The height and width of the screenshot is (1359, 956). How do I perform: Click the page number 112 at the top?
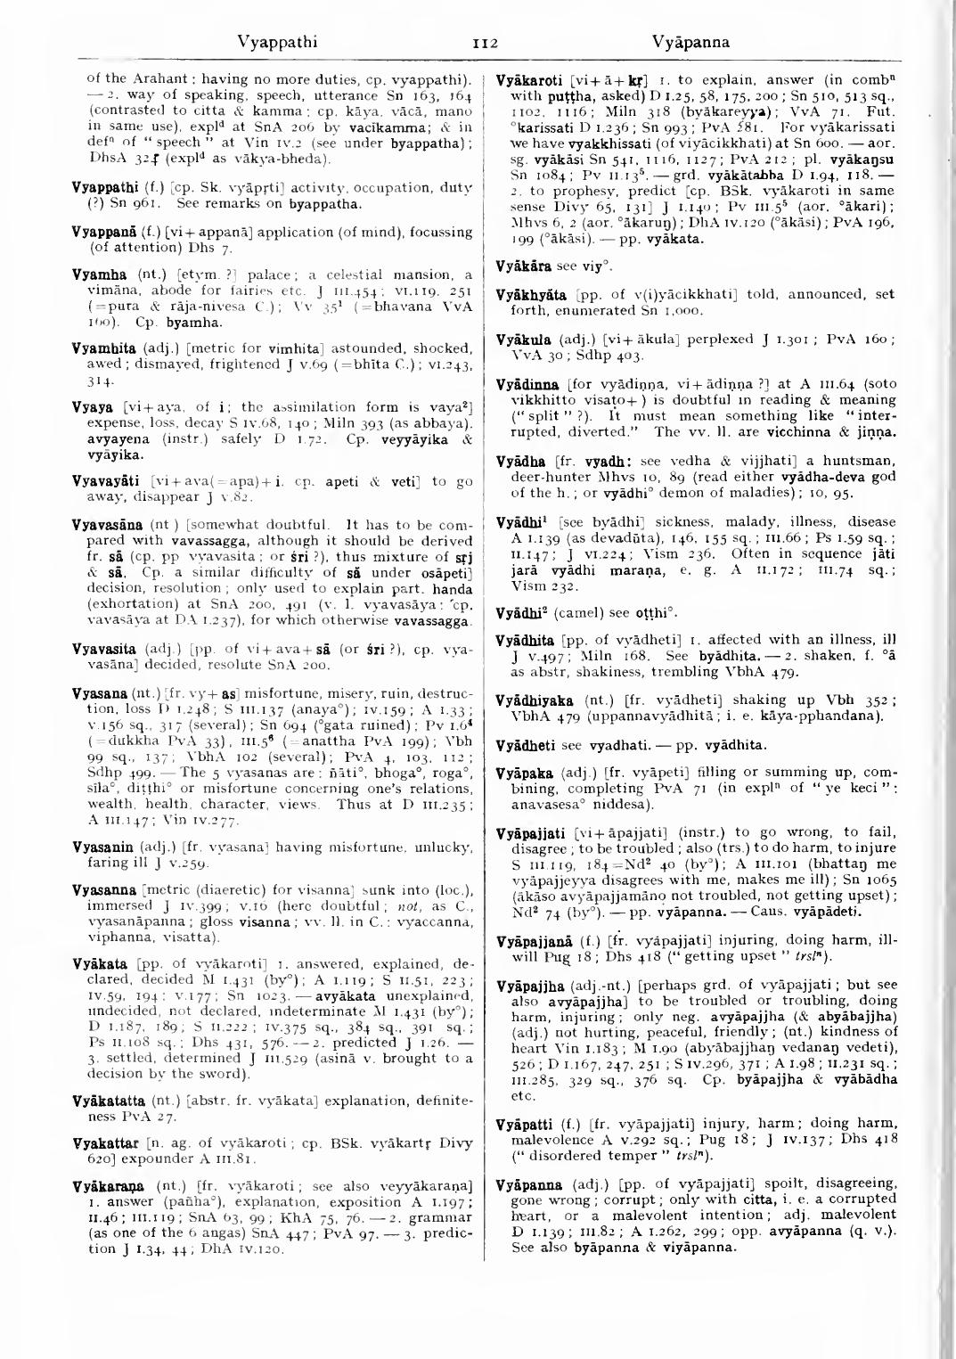click(x=478, y=42)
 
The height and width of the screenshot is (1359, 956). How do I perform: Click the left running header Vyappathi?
click(x=277, y=42)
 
